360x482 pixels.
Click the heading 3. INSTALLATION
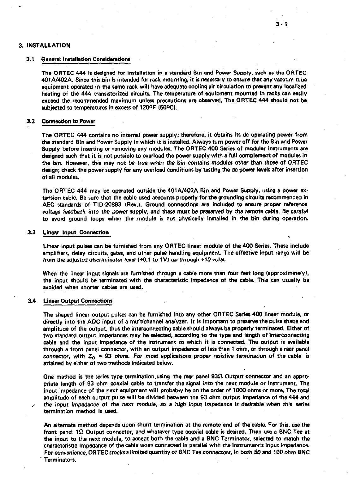(x=44, y=45)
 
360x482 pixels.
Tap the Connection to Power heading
(x=69, y=121)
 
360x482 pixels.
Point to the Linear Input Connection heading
(x=76, y=233)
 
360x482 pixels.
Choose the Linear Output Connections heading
(x=77, y=301)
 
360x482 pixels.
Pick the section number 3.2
(x=30, y=121)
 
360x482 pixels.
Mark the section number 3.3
(x=31, y=233)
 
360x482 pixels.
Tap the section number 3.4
(x=31, y=301)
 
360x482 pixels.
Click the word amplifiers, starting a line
(x=53, y=253)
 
